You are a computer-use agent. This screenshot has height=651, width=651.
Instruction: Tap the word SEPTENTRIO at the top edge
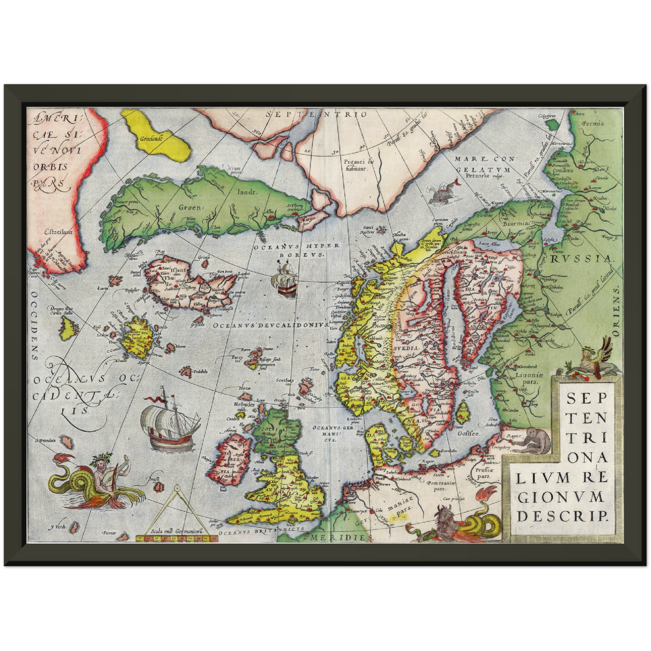click(x=316, y=114)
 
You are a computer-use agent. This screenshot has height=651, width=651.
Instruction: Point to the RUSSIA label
click(x=581, y=259)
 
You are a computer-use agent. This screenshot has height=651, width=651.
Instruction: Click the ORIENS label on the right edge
click(x=616, y=311)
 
